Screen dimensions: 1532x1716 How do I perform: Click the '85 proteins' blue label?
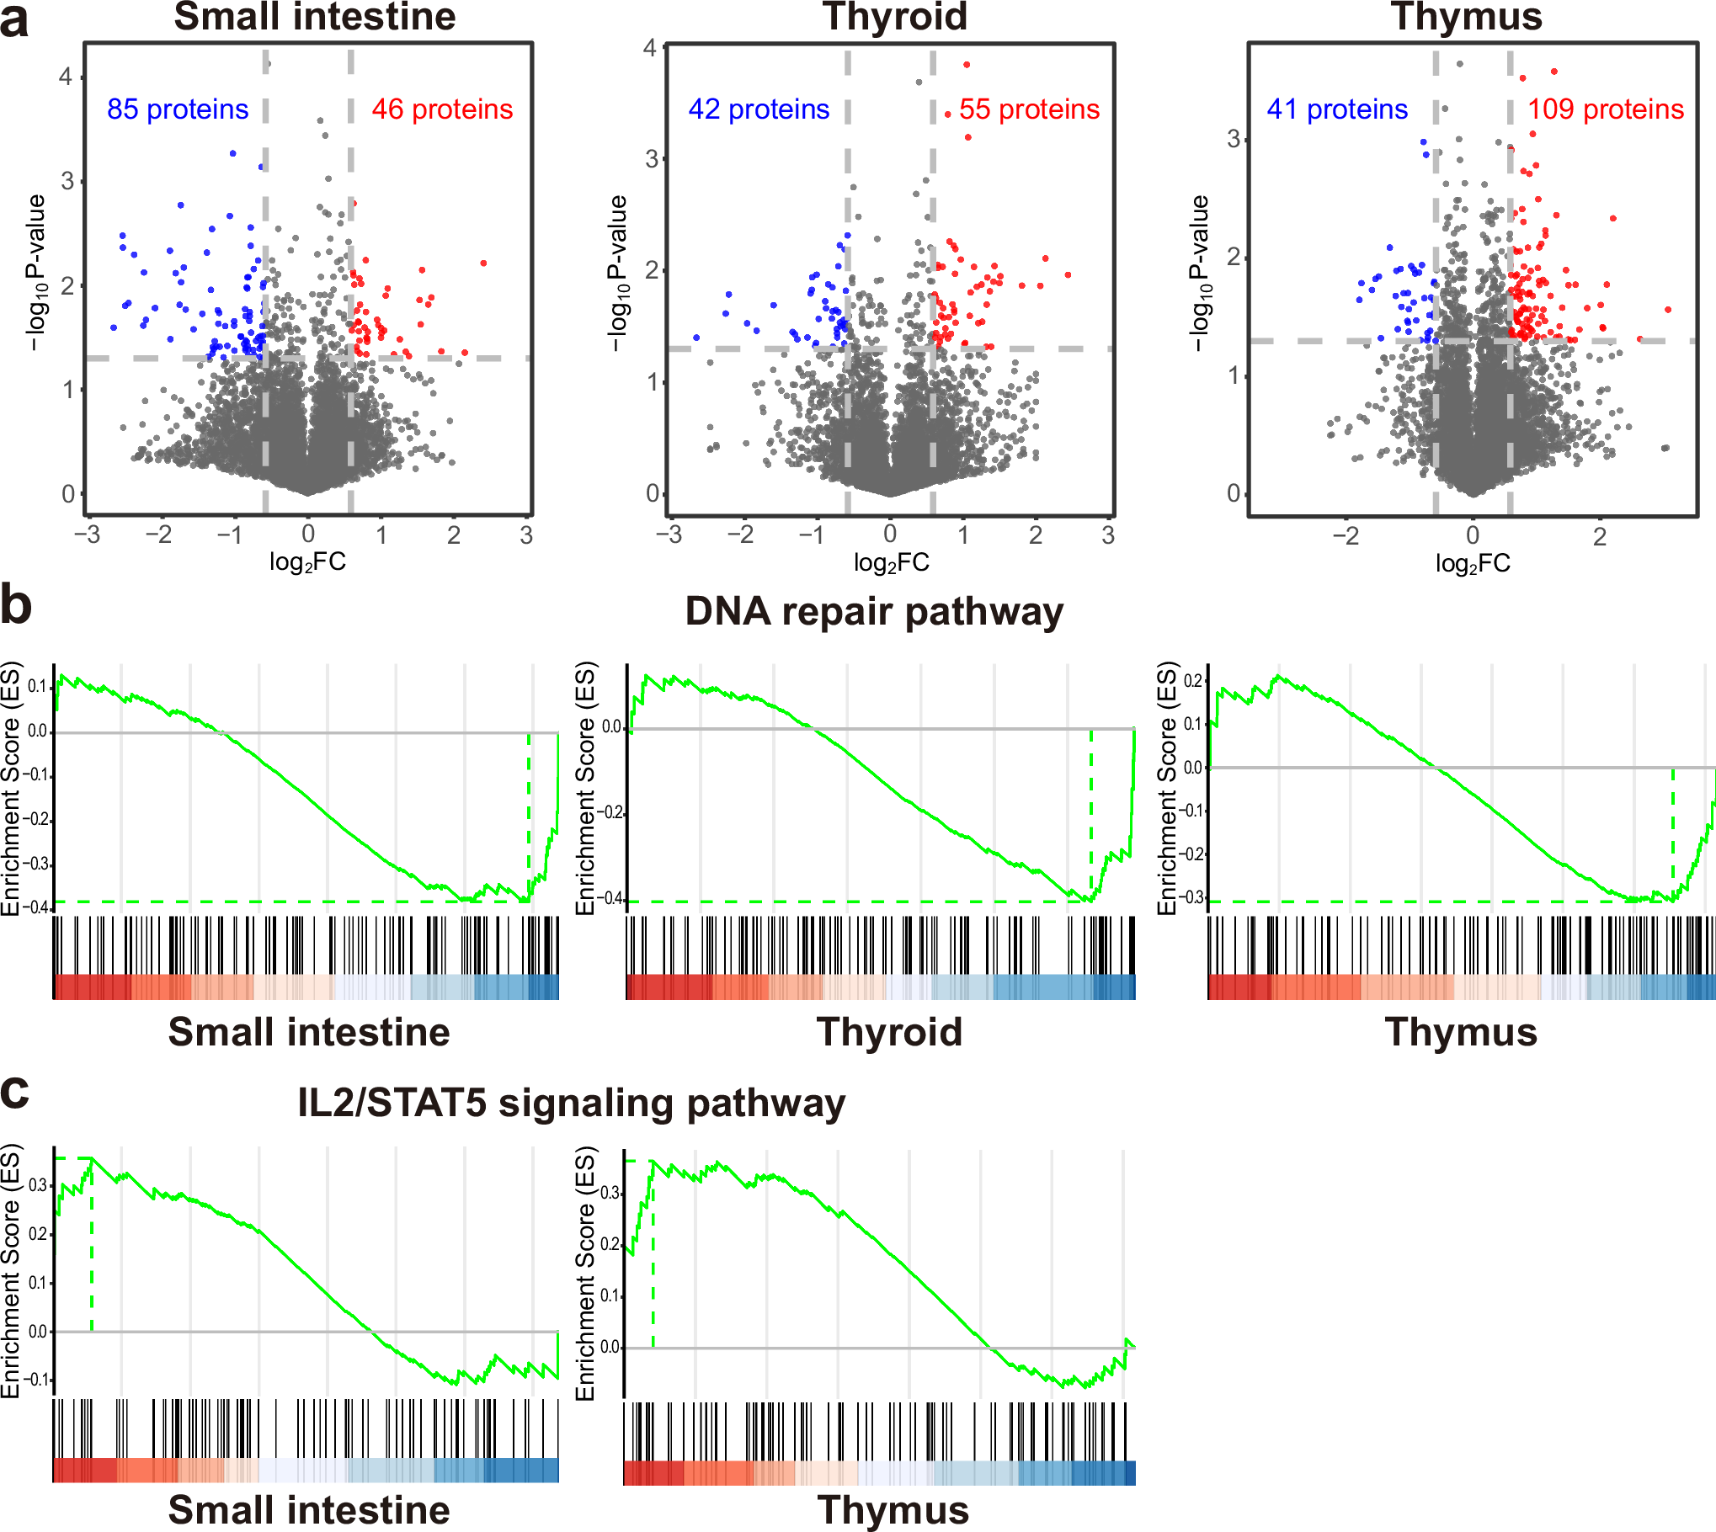tap(178, 109)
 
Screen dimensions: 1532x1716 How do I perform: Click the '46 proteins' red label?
tap(442, 109)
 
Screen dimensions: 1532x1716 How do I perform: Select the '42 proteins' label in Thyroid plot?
tap(759, 109)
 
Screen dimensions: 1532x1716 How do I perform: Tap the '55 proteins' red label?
tap(1029, 109)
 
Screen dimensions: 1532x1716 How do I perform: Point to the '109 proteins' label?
tap(1606, 109)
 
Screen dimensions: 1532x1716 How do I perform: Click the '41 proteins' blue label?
tap(1337, 109)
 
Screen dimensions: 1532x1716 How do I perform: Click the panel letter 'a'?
tap(14, 20)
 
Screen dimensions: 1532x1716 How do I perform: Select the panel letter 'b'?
tap(15, 606)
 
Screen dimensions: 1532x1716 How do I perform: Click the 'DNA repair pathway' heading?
tap(874, 612)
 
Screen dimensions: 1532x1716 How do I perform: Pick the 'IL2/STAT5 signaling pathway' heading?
tap(571, 1104)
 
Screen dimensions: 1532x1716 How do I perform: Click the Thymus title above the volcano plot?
tap(1466, 17)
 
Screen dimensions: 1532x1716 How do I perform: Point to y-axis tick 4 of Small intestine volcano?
tap(67, 77)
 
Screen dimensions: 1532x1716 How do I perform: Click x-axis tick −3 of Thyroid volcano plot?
tap(669, 535)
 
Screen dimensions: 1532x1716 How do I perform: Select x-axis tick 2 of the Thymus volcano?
tap(1600, 536)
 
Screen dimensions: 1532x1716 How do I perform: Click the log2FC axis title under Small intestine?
tap(307, 562)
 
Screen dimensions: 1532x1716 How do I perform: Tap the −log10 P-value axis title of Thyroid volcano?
tap(618, 274)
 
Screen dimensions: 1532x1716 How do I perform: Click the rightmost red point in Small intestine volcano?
tap(483, 263)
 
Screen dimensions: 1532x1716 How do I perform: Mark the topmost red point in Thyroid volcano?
tap(967, 65)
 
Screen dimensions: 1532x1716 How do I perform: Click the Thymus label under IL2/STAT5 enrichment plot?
tap(893, 1510)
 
